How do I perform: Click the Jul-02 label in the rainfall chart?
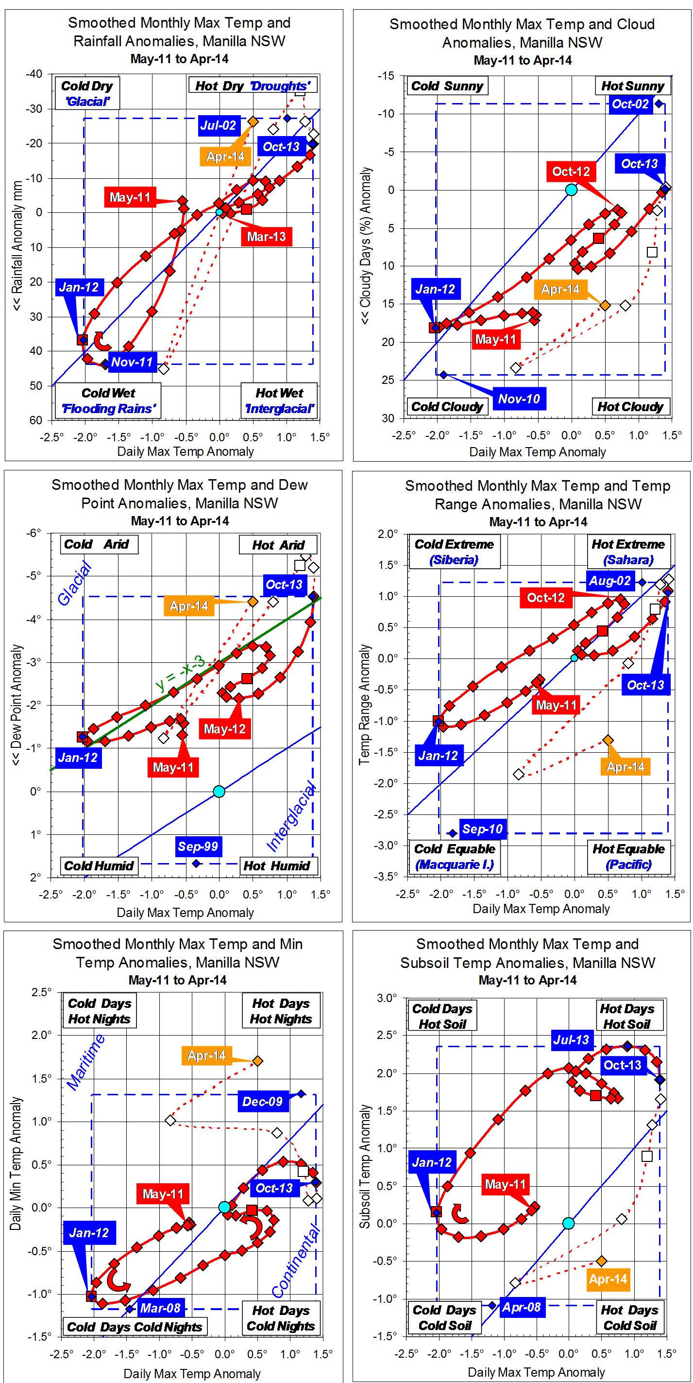pos(218,126)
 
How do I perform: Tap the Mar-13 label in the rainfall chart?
pos(266,237)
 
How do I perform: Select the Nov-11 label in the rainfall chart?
pos(132,362)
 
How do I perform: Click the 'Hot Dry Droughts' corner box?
pos(252,86)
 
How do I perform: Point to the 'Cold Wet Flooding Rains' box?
pos(108,400)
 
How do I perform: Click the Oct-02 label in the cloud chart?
pos(630,104)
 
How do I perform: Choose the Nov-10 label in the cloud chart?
pos(519,399)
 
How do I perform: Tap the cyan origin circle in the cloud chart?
pos(571,190)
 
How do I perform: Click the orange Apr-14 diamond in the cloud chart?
pos(605,306)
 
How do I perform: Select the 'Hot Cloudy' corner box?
pos(630,407)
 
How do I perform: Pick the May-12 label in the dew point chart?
pos(224,728)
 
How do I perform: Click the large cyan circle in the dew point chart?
pos(219,791)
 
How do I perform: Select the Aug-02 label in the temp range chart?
pos(610,580)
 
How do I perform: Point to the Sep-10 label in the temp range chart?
pos(482,829)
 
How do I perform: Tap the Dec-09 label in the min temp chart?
pos(262,1102)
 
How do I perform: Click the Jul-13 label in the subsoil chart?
pos(571,1040)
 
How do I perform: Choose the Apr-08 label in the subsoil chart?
pos(521,1307)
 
